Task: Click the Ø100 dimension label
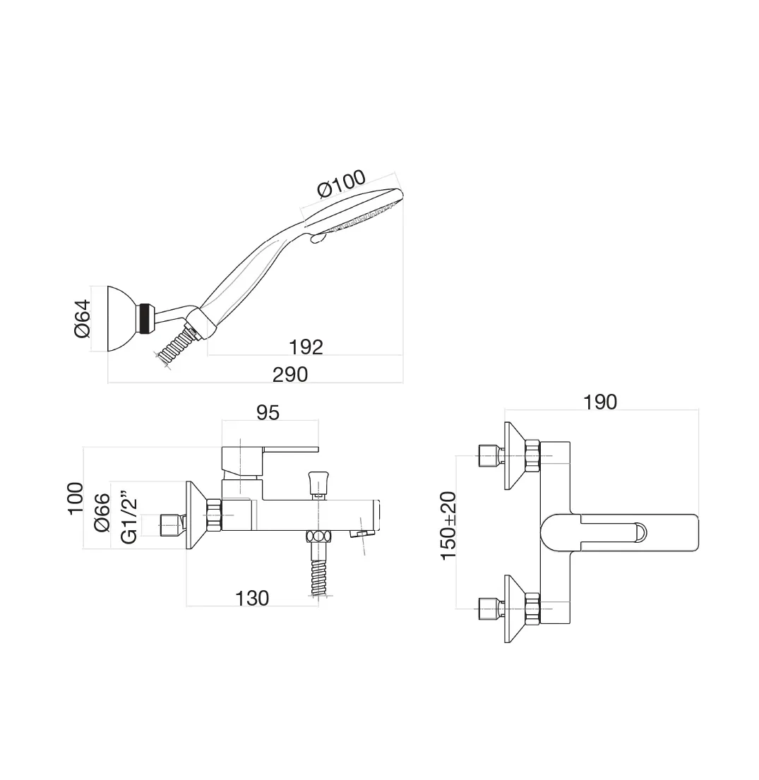coord(342,184)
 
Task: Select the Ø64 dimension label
coord(83,318)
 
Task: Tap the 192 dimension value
coord(306,347)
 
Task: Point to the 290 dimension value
coord(290,374)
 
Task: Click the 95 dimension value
coord(268,412)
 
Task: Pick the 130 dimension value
coord(252,598)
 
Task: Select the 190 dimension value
coord(600,402)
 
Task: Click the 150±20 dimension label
coord(449,526)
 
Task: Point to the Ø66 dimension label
coord(102,514)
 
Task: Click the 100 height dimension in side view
coord(76,498)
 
